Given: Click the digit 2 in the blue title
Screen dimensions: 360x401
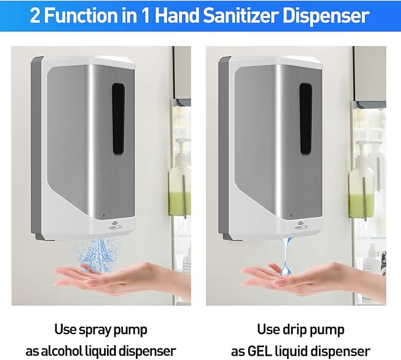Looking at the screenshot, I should point(35,15).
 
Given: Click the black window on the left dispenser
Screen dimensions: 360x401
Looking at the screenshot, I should point(118,118).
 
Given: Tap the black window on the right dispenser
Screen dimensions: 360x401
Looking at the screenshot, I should point(305,118).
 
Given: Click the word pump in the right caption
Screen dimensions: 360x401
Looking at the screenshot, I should point(328,329).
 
